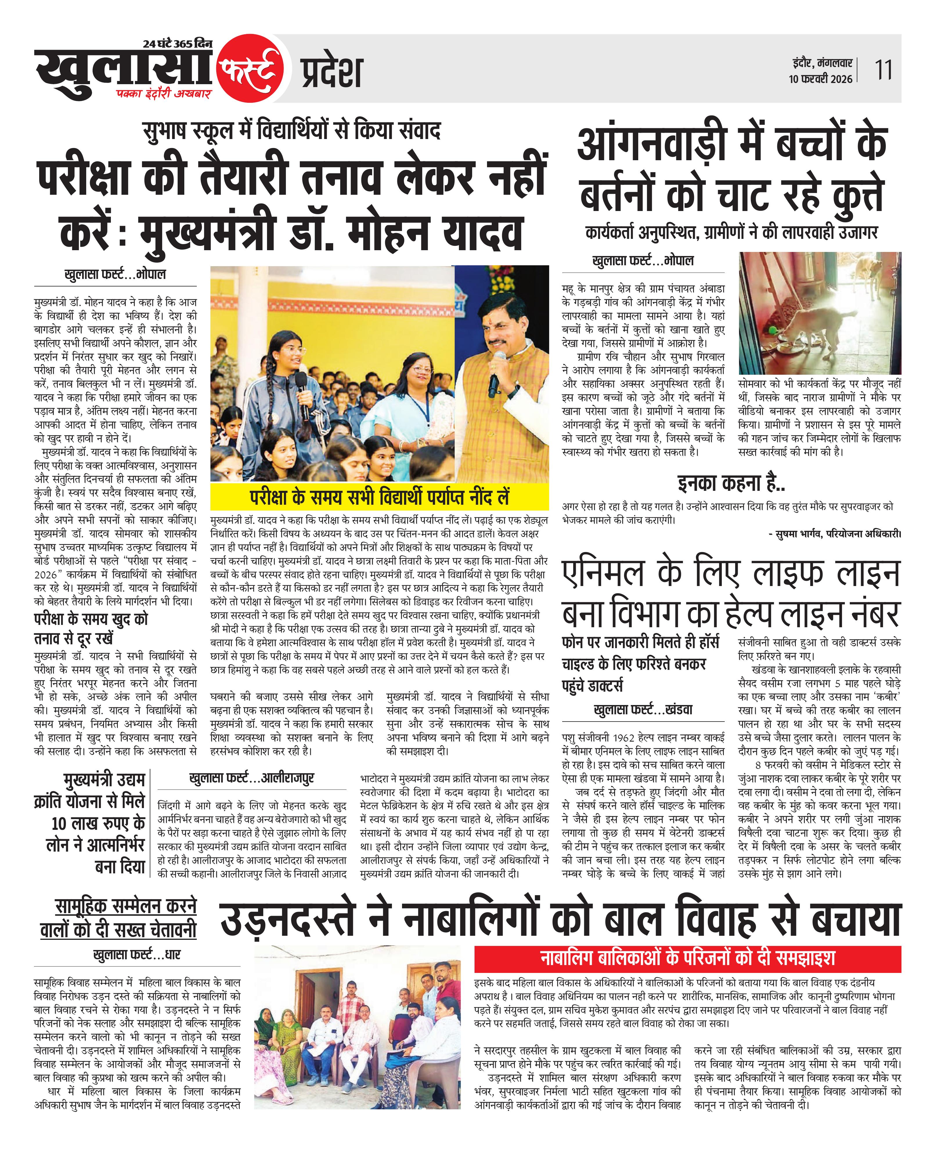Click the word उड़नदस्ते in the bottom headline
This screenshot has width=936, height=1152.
tap(288, 920)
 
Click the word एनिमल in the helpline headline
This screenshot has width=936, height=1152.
tap(604, 575)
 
